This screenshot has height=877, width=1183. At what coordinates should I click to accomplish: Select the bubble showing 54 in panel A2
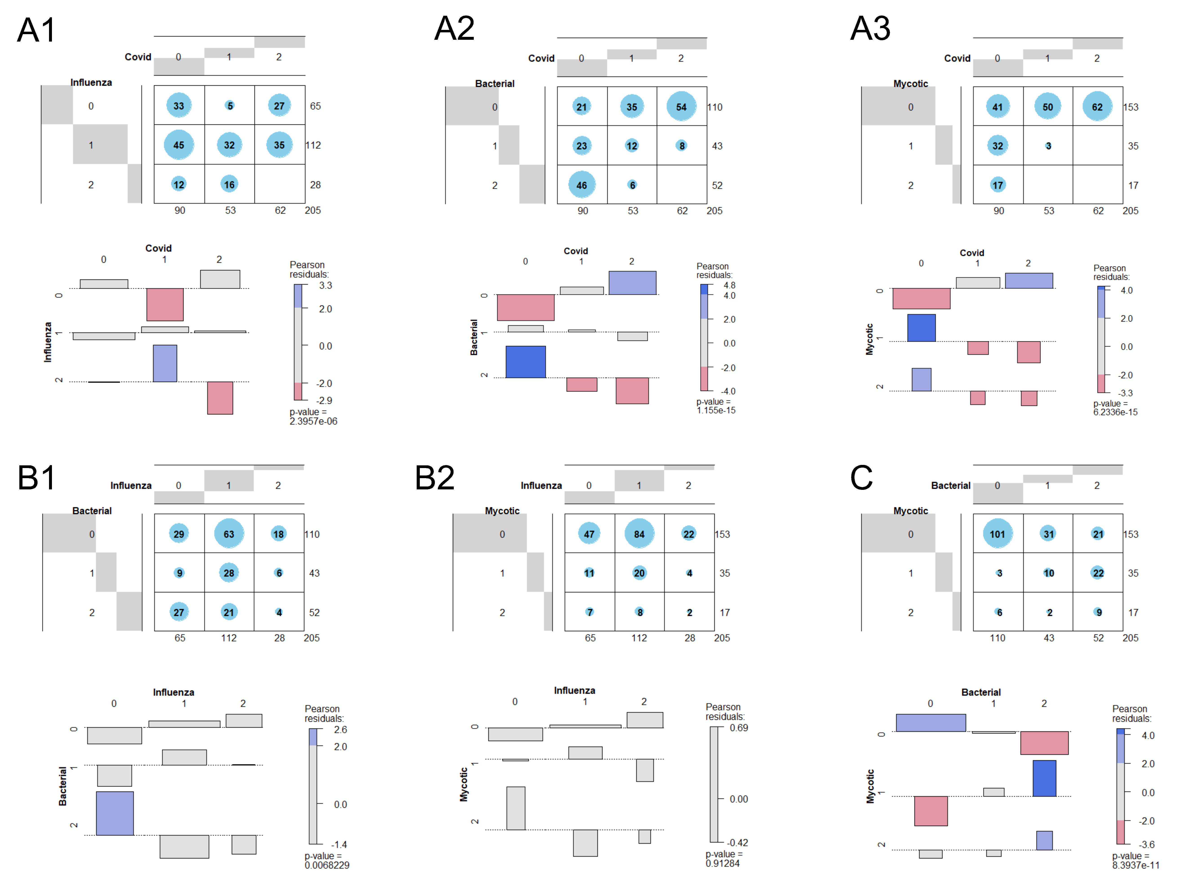click(681, 107)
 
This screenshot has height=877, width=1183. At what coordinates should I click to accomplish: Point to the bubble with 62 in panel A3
click(1097, 107)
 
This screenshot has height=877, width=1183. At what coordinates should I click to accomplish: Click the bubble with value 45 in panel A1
click(179, 145)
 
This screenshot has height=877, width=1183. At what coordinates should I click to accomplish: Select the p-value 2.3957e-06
click(313, 421)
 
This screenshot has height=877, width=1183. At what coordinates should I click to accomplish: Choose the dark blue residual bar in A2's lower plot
click(525, 362)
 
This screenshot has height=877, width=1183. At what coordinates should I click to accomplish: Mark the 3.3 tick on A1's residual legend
click(325, 286)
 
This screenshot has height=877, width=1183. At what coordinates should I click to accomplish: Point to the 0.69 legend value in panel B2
click(738, 728)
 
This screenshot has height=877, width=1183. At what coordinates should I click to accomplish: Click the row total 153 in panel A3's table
click(1130, 107)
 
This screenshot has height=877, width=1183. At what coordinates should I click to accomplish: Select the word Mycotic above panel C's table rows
click(910, 511)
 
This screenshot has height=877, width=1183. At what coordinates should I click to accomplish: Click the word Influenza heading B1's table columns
click(131, 485)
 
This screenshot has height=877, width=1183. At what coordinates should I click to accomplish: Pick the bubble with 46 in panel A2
click(582, 185)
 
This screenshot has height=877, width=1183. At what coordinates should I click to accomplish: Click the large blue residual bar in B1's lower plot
click(115, 813)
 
